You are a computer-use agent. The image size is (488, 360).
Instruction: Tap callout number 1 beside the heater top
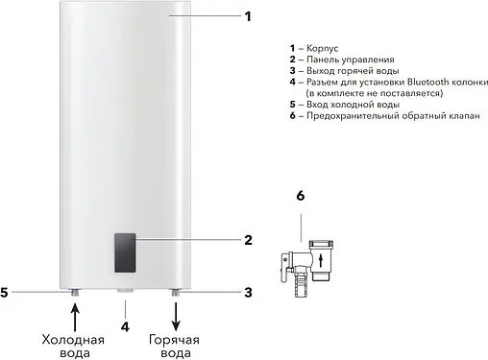[x=247, y=16]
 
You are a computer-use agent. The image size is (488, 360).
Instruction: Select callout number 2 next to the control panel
[x=247, y=240]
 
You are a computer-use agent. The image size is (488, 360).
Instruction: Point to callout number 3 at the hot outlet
[x=247, y=291]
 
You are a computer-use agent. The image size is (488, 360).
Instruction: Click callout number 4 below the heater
[x=125, y=324]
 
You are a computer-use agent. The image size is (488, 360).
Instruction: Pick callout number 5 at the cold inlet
[x=5, y=291]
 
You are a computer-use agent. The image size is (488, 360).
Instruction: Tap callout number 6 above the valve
[x=300, y=196]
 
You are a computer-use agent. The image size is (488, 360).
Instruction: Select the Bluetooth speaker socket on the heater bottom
[x=125, y=291]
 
